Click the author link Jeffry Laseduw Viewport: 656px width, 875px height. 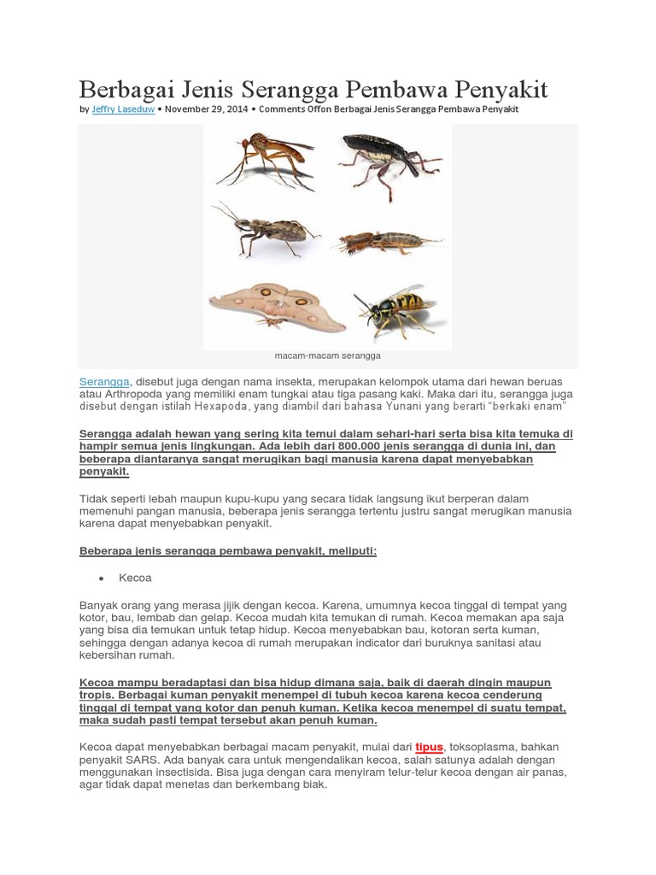[x=123, y=109]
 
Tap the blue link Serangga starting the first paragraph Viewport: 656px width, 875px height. [x=104, y=380]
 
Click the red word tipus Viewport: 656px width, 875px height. [x=429, y=747]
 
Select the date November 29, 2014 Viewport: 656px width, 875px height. [x=204, y=109]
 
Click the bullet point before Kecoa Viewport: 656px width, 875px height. [x=101, y=578]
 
